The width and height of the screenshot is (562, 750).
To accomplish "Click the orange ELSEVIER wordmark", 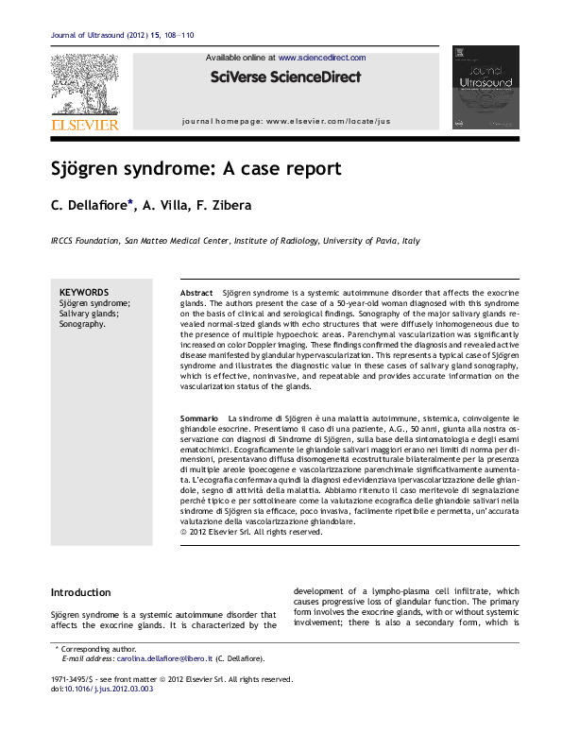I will [85, 124].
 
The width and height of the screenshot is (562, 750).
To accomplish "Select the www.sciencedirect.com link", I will [321, 58].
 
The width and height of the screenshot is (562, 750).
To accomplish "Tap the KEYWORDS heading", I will [84, 293].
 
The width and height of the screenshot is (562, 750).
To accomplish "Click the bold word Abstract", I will [196, 295].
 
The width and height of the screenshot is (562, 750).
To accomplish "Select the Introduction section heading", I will [80, 592].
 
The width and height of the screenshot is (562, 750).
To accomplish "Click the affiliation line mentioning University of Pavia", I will [235, 241].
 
